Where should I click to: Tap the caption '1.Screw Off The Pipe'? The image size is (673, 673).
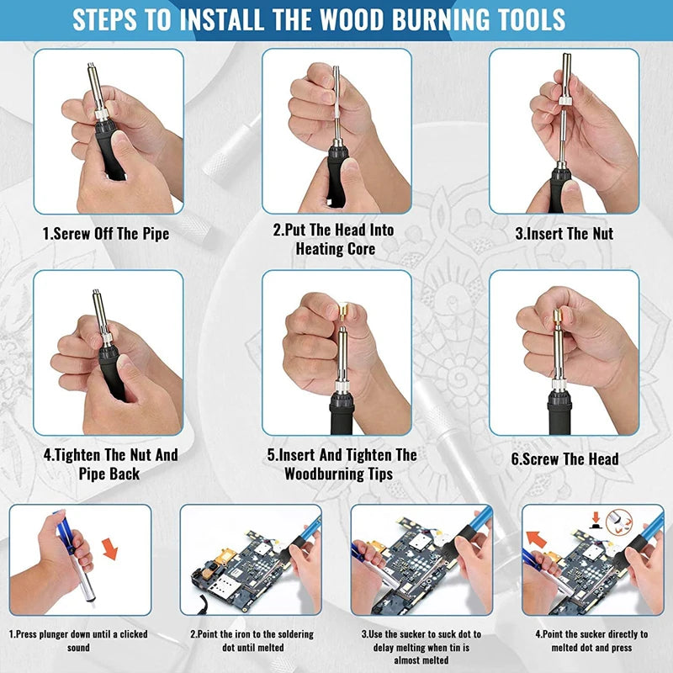click(x=106, y=234)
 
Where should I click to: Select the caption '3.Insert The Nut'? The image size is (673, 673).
click(x=564, y=234)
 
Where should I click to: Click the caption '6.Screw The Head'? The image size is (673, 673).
click(x=564, y=459)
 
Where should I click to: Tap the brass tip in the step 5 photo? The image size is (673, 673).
click(x=344, y=309)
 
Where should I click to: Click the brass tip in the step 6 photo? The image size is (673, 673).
click(x=557, y=318)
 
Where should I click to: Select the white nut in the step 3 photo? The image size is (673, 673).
click(x=565, y=101)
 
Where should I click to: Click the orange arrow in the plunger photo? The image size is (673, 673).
click(x=110, y=549)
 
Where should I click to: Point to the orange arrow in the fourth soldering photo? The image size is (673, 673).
click(x=536, y=539)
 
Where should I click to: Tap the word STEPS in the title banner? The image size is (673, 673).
click(x=104, y=19)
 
